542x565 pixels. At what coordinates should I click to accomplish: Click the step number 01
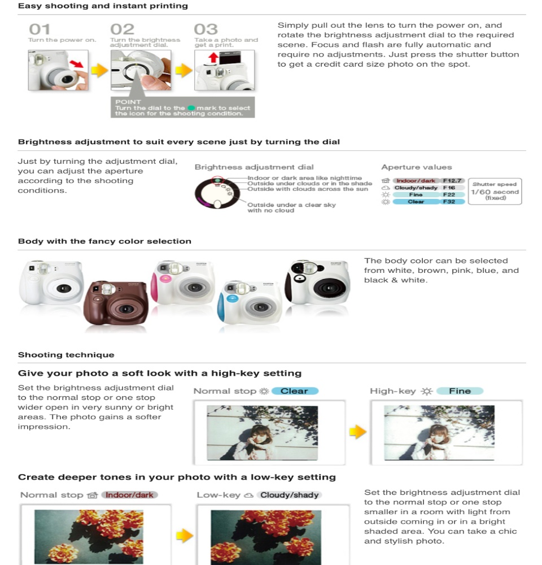tap(40, 29)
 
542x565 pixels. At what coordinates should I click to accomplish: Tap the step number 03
tap(206, 29)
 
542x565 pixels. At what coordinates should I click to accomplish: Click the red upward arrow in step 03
tap(213, 58)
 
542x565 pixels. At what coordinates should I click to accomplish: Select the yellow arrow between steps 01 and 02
tap(99, 70)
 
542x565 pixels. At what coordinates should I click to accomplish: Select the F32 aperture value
tap(449, 202)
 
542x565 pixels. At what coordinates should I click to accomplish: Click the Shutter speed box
tap(495, 192)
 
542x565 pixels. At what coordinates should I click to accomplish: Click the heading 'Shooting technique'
tap(66, 355)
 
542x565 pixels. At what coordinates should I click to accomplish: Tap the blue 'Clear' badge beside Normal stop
tap(295, 391)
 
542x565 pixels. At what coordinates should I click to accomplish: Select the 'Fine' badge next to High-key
tap(460, 391)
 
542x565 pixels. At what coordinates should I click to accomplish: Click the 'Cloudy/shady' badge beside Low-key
tap(290, 495)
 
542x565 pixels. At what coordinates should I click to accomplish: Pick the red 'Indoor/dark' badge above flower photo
tap(130, 495)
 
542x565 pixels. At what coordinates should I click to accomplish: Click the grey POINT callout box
tap(182, 107)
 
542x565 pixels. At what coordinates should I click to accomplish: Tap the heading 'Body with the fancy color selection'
tap(104, 241)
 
